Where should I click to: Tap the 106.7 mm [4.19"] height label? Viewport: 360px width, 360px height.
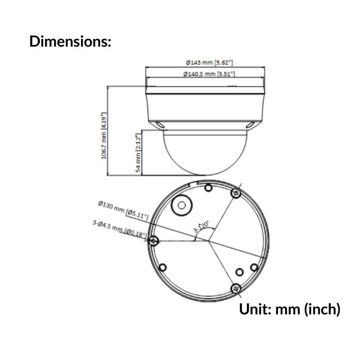(104, 136)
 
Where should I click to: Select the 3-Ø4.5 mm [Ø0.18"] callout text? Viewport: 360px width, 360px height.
(119, 228)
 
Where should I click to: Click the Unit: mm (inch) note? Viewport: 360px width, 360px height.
(290, 309)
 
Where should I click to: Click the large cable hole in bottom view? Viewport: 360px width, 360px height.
(182, 206)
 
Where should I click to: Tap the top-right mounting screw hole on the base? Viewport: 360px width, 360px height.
(236, 193)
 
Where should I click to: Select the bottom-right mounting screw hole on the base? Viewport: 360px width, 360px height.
(236, 288)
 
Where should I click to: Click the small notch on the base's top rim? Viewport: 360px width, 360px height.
(195, 183)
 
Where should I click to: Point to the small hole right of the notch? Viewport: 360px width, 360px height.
(208, 188)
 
